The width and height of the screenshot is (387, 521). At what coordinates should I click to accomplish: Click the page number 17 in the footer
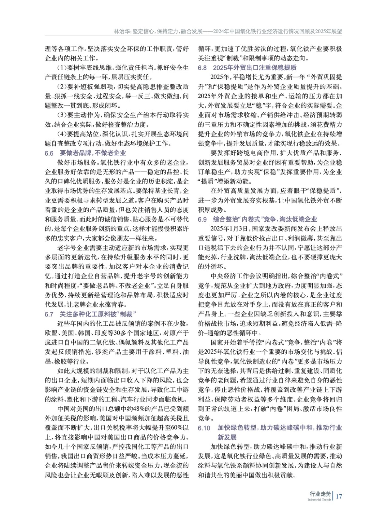[339, 496]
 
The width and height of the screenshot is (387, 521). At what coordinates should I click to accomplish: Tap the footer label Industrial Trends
[319, 500]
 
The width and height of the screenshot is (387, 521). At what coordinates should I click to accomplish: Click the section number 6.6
[49, 153]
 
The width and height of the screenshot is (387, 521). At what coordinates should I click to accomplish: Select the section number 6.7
[49, 314]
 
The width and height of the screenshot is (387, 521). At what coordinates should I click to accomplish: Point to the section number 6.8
[202, 68]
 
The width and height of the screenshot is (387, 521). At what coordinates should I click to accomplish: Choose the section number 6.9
[202, 219]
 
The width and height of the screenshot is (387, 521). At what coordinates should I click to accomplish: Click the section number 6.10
[204, 428]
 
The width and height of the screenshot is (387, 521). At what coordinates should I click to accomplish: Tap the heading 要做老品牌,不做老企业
[93, 153]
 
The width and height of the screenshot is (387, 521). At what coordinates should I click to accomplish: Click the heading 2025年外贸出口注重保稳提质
[255, 68]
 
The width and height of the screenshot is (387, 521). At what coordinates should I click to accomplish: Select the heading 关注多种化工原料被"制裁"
[97, 314]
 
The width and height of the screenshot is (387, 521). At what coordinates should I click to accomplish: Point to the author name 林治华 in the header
[121, 32]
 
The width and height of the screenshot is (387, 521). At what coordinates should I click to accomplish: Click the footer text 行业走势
[320, 494]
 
